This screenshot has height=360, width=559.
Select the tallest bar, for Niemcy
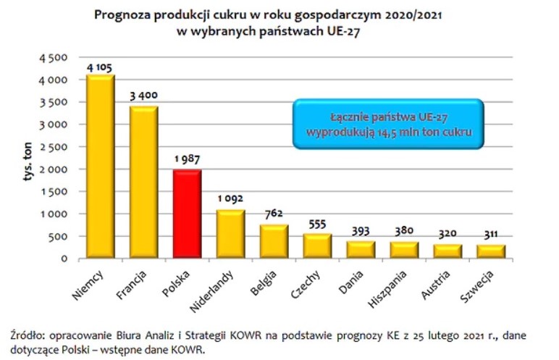pyautogui.click(x=101, y=167)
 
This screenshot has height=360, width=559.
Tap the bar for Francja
pyautogui.click(x=144, y=182)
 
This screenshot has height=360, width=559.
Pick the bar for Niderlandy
pyautogui.click(x=231, y=234)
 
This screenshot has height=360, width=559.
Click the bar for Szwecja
pyautogui.click(x=492, y=251)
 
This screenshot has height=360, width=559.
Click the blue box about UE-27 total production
pyautogui.click(x=387, y=124)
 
